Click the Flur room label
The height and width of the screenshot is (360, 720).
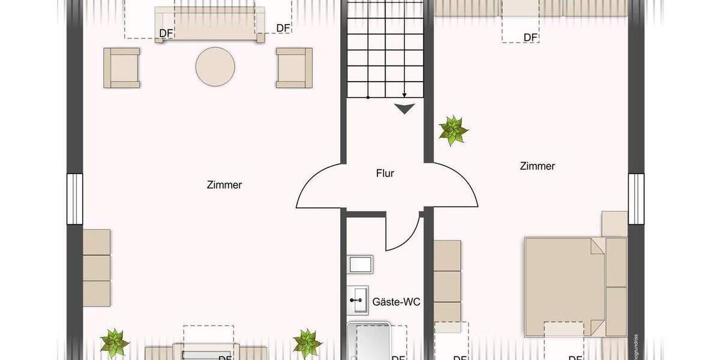(x=385, y=173)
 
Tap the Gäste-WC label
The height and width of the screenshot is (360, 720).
(x=396, y=301)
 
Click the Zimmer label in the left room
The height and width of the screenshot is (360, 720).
(x=225, y=185)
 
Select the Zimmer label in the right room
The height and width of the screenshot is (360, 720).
(x=537, y=166)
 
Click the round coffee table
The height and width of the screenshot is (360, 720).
(x=215, y=67)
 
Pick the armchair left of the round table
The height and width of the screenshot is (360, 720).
(x=122, y=68)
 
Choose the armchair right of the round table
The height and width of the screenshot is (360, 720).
(x=294, y=68)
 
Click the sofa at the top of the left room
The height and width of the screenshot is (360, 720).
(x=209, y=25)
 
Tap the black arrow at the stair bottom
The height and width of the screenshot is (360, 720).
(x=405, y=109)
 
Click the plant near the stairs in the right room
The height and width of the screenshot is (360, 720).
(x=453, y=130)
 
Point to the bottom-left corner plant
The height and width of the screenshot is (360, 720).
(x=114, y=343)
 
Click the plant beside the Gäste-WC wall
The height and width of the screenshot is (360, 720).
(x=307, y=343)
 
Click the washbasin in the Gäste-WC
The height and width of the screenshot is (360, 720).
(x=361, y=299)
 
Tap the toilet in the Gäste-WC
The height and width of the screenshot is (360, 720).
(x=360, y=264)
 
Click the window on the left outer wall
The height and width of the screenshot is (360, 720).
(x=74, y=199)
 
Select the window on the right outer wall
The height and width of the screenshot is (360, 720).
(x=636, y=198)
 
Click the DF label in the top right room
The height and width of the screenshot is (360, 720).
(x=530, y=37)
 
